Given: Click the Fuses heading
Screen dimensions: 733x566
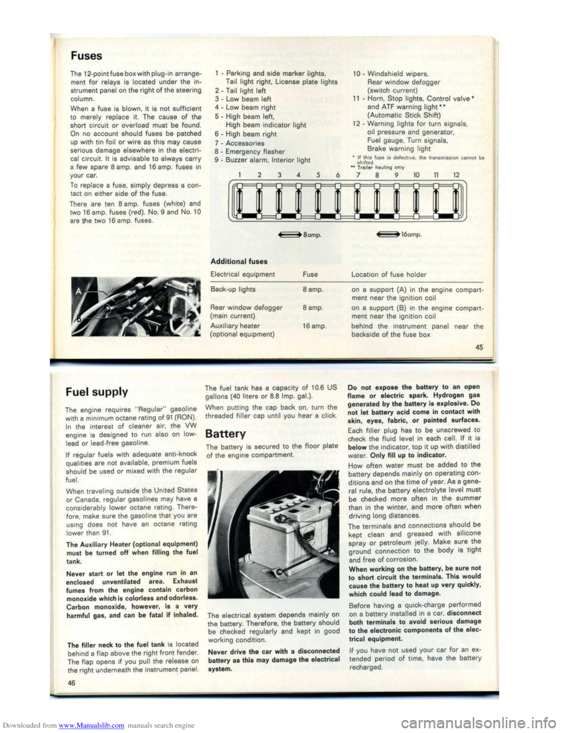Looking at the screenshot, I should (86, 56).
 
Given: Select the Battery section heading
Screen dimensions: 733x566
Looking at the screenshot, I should (225, 434).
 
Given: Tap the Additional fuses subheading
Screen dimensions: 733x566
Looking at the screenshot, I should (239, 261).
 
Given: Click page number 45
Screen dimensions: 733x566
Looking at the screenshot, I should (479, 348).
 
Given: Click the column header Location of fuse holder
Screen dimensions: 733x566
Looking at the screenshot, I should (389, 274).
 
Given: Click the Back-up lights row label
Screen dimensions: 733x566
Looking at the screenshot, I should (233, 290).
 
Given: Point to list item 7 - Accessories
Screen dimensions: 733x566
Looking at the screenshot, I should (239, 143).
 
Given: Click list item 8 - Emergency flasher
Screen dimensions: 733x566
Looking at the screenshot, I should (249, 152).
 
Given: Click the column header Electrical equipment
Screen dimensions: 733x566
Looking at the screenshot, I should (242, 274).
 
